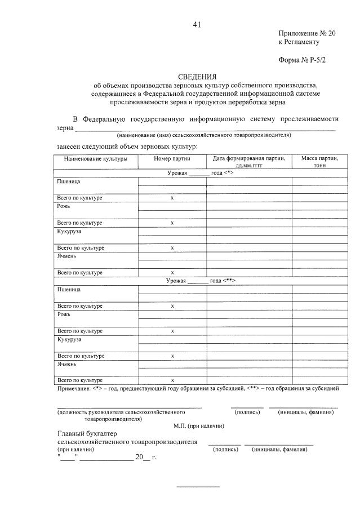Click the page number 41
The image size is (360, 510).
tap(196, 24)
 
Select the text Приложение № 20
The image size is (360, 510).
tap(306, 33)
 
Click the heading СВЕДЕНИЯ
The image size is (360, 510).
tap(197, 76)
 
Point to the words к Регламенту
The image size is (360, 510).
tap(299, 42)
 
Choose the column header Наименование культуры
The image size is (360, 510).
tap(95, 159)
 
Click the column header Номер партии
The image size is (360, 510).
tap(172, 159)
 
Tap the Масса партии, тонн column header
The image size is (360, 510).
tap(315, 162)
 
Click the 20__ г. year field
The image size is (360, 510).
tap(145, 457)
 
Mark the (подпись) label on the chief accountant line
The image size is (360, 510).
tap(226, 449)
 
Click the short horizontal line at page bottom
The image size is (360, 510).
tap(198, 486)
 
